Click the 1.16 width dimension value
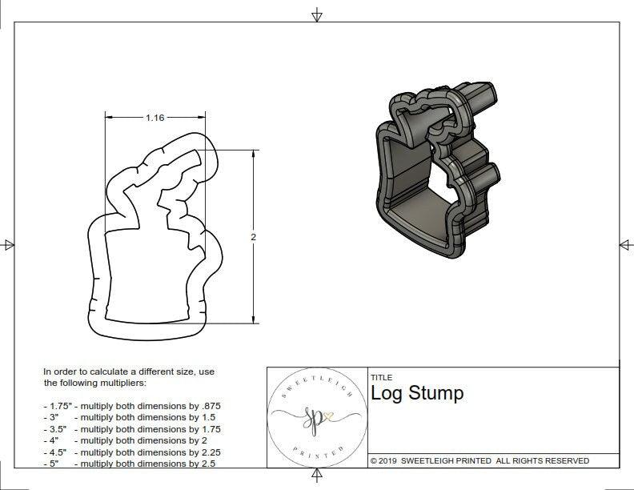coord(154,118)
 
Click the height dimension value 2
coord(254,237)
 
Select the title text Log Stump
coord(417,393)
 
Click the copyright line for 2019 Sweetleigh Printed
coord(480,460)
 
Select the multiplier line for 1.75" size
coord(132,406)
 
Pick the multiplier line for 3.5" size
coord(132,429)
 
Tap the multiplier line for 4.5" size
coord(132,452)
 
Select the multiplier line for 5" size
coord(128,463)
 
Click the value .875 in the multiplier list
coord(210,406)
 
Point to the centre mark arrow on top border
coord(317,15)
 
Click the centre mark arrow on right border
coord(625,245)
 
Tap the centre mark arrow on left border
coord(8,245)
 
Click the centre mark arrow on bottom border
coord(317,476)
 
